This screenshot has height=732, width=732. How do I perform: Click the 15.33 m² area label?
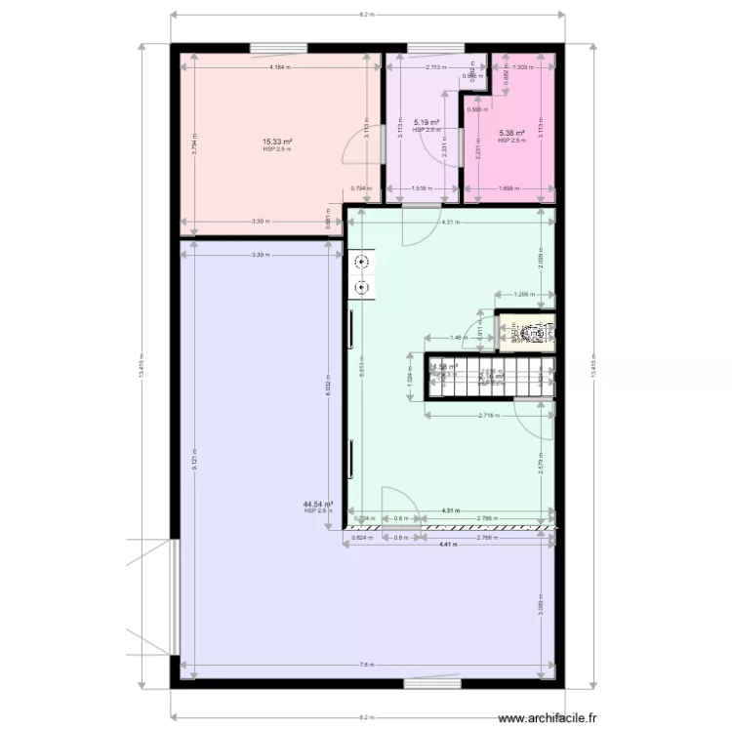(x=277, y=142)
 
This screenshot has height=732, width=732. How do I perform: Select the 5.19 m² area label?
(x=427, y=124)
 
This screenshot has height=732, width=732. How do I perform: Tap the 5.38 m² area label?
(x=511, y=134)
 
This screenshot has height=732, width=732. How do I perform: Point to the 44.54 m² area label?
(x=318, y=505)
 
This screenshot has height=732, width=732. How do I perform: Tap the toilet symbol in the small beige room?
(x=534, y=333)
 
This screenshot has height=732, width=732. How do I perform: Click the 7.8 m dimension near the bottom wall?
(x=365, y=666)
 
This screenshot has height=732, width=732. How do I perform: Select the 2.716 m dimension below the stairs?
(x=489, y=415)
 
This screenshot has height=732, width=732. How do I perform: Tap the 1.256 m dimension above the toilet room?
(x=525, y=294)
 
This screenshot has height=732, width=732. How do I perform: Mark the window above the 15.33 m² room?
(x=278, y=46)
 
